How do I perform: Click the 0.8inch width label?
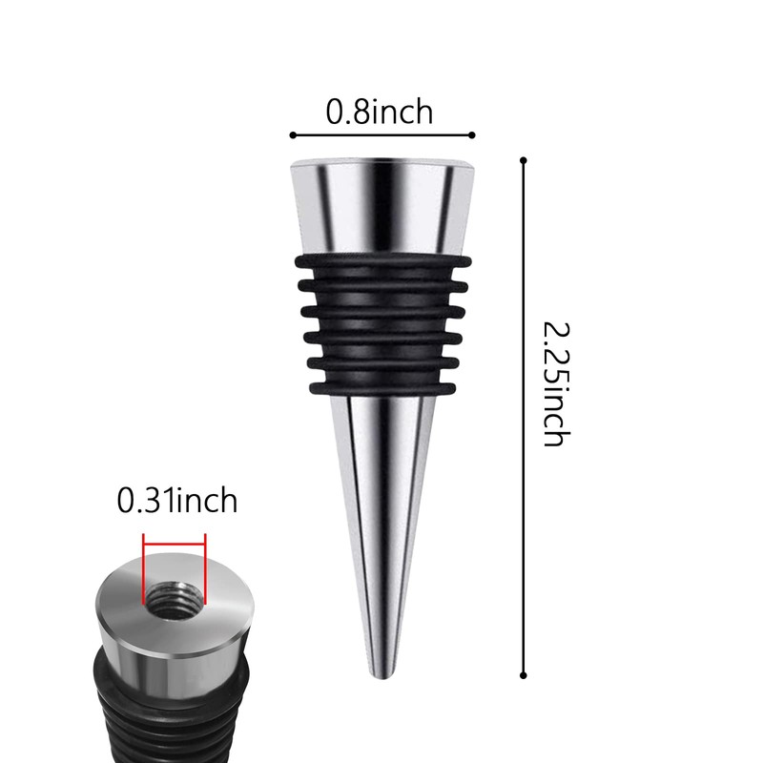pos(380,112)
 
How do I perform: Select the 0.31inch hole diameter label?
pos(176,500)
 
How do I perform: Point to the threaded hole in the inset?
pos(174,598)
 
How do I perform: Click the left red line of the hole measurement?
pos(143,569)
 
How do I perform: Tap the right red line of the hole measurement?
pos(205,569)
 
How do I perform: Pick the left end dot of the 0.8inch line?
pos(292,134)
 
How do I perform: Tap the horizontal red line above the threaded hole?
pos(174,546)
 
